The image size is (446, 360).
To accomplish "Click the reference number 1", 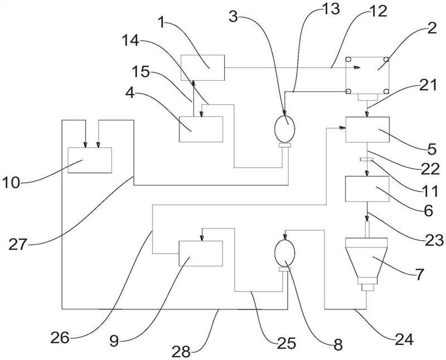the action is [162, 22].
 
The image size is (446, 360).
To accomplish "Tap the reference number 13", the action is [330, 9].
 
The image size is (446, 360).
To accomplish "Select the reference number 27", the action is [18, 244].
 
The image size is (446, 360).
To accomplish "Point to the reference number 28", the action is [181, 352].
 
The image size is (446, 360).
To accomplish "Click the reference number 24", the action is [404, 339].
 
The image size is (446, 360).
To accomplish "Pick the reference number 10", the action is [11, 183].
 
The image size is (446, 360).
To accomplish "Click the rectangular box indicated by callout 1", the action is [202, 67].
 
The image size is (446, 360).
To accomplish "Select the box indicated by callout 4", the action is [201, 129].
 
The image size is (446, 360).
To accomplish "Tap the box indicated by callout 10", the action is [90, 160].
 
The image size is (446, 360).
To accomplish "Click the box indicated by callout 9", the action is [201, 254].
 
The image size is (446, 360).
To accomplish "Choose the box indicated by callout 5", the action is [367, 130].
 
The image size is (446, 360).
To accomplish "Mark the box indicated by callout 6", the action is [367, 189].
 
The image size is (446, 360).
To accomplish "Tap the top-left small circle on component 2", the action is [348, 60].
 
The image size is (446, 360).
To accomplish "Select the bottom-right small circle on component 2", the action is [386, 91].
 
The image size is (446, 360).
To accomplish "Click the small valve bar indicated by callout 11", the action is [367, 159].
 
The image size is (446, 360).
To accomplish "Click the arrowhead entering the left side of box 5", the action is [342, 128].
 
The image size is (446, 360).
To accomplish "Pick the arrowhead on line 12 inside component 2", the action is [357, 67].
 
